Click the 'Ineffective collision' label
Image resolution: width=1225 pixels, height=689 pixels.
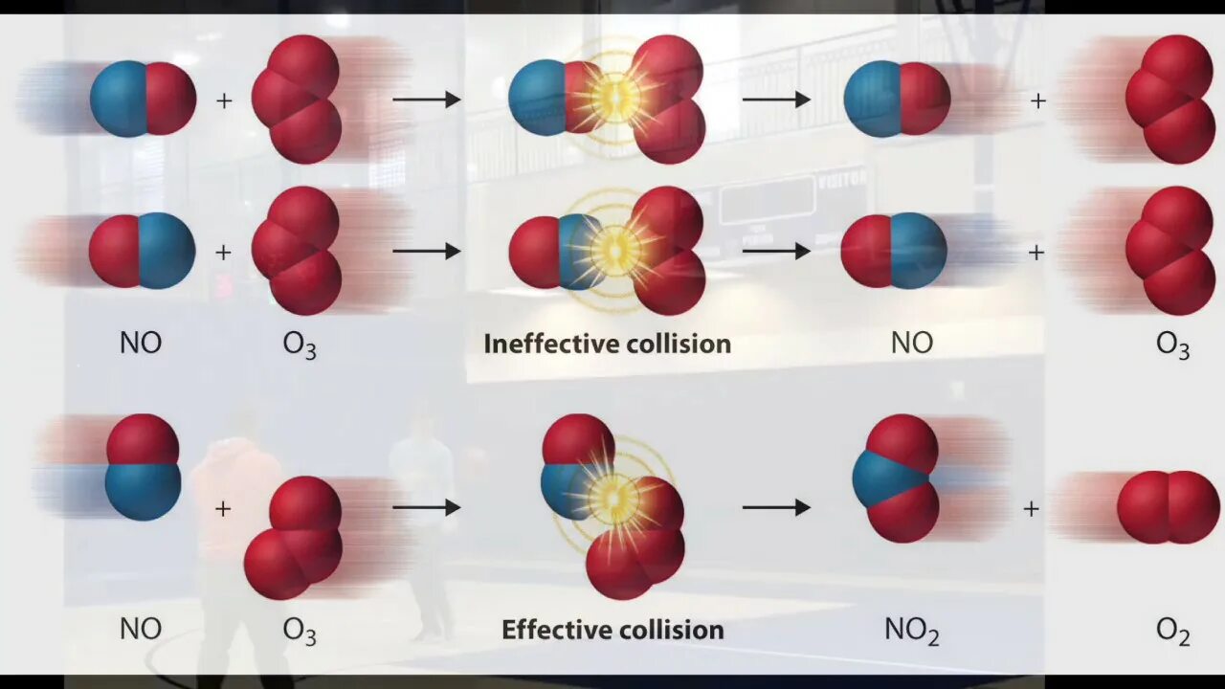point(607,344)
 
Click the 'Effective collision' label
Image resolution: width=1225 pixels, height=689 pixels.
point(612,630)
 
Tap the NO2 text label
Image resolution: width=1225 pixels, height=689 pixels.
point(911,630)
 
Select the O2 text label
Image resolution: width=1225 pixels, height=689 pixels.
point(1172,630)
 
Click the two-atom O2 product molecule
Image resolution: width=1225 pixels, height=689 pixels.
point(1168,507)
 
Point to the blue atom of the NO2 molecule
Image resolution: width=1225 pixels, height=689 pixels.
point(880,478)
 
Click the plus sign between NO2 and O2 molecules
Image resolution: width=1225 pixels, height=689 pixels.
point(1031,509)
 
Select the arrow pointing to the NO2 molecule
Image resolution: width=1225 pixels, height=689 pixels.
point(776,507)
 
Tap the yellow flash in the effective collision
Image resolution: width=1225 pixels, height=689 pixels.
point(612,498)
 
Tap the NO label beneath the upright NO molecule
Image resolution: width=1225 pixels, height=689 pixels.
point(140,630)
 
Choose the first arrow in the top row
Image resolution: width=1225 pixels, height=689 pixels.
point(427,99)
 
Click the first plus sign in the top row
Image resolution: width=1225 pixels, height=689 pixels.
point(224,100)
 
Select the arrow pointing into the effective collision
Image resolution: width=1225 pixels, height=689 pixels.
point(427,507)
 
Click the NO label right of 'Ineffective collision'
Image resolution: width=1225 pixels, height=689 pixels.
point(911,344)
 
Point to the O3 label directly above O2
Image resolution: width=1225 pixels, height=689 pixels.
point(1172,344)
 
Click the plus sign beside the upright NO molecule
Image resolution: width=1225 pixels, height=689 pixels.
point(223,509)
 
